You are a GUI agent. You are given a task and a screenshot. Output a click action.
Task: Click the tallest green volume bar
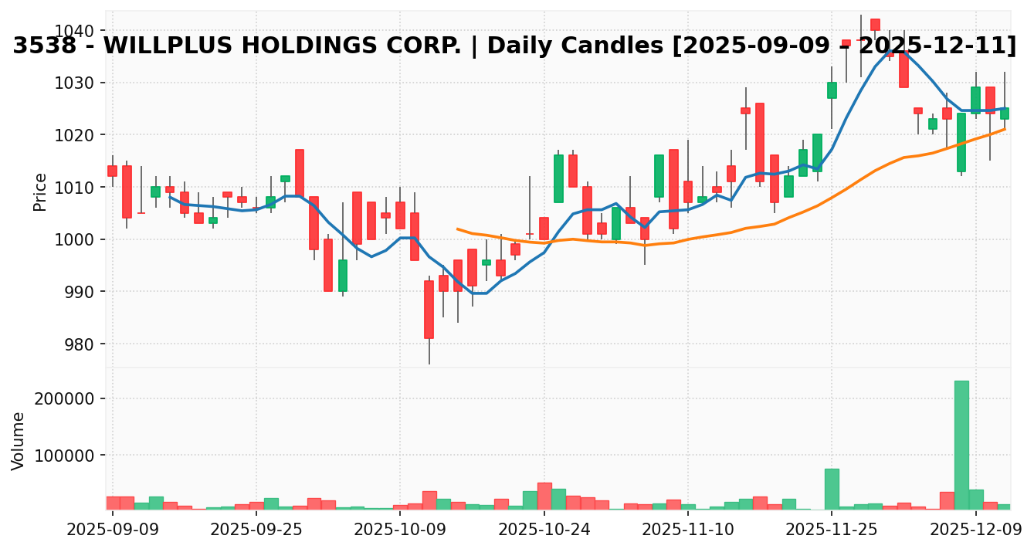click(x=961, y=444)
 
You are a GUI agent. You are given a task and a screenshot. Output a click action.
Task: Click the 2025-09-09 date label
click(x=113, y=531)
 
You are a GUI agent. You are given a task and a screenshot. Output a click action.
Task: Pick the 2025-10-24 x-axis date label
click(x=544, y=531)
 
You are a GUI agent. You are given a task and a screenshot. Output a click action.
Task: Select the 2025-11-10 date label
click(x=688, y=531)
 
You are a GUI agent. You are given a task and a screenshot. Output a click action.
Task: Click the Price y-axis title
click(x=40, y=191)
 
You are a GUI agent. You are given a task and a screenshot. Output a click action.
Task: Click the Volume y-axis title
click(x=19, y=440)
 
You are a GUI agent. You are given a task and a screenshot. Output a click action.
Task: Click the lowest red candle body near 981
click(x=429, y=309)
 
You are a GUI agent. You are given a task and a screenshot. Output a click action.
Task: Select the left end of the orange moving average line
click(x=457, y=229)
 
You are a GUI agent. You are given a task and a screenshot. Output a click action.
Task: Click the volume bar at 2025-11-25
click(x=832, y=488)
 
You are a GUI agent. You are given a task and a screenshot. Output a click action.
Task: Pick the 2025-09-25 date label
click(x=256, y=531)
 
